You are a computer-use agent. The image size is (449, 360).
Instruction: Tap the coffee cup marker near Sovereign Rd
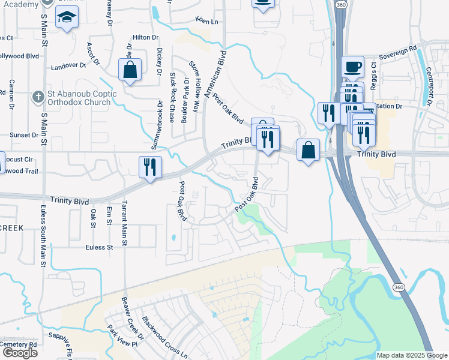click(x=353, y=66)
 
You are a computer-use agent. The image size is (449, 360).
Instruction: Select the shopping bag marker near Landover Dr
click(x=130, y=70)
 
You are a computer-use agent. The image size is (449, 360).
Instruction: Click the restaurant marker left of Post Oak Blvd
click(x=150, y=166)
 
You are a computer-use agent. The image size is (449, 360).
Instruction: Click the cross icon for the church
click(x=38, y=95)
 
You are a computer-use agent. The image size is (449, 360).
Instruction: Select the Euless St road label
click(x=99, y=247)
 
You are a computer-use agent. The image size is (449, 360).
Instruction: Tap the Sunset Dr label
click(x=24, y=135)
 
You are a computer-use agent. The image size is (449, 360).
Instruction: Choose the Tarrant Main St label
click(x=124, y=223)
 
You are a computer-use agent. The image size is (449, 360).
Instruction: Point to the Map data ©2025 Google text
click(x=412, y=355)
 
